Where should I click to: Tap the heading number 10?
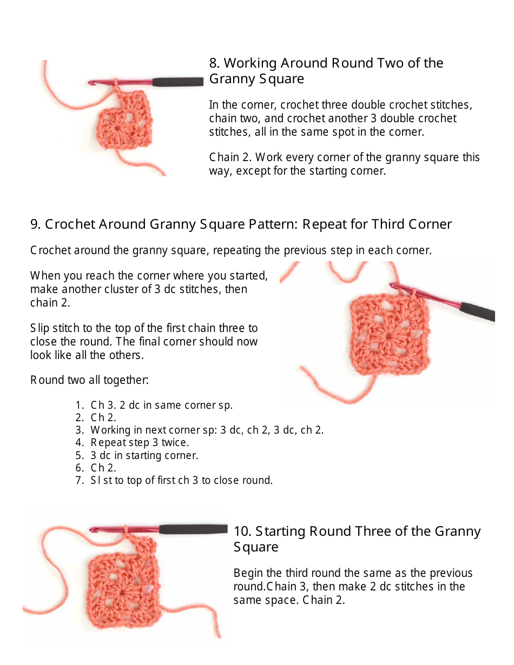pos(241,531)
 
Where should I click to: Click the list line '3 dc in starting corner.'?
pos(144,455)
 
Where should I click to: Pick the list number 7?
pos(79,480)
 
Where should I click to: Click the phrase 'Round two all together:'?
pos(89,380)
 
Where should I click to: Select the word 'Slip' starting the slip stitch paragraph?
pos(39,328)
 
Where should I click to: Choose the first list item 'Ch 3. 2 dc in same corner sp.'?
pos(161,405)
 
